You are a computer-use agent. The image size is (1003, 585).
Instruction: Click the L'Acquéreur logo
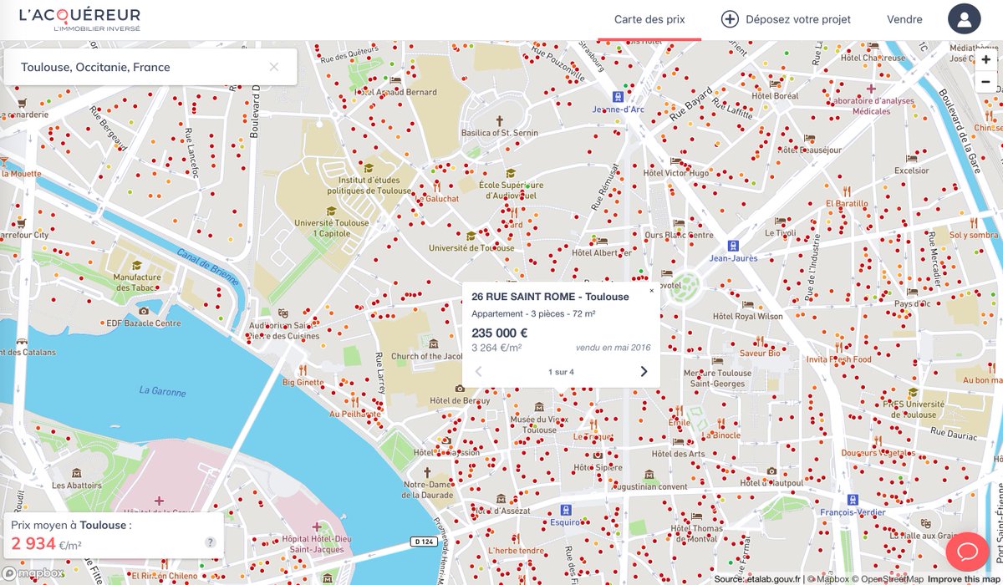point(79,19)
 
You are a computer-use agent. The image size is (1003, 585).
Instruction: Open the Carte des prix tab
point(649,19)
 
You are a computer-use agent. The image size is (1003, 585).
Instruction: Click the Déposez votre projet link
point(786,19)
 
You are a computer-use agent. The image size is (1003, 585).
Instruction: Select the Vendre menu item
point(904,19)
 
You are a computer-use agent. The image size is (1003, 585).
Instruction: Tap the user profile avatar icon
point(964,19)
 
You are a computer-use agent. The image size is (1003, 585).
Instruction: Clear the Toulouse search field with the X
point(274,67)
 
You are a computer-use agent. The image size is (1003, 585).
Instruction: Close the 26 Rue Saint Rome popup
point(652,291)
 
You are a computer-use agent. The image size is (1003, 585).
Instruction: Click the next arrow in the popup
point(644,372)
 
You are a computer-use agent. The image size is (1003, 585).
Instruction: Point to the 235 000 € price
point(499,333)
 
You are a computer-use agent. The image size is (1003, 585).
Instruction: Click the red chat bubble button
point(968,552)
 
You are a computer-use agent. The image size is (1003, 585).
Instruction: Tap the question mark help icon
point(211,542)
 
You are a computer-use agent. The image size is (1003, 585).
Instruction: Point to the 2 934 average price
point(33,545)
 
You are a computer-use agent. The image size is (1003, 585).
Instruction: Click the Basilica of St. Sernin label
point(500,133)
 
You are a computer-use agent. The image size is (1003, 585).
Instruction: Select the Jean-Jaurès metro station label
point(733,258)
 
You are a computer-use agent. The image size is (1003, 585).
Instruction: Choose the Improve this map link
point(964,579)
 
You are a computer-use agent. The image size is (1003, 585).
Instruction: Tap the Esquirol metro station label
point(566,522)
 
